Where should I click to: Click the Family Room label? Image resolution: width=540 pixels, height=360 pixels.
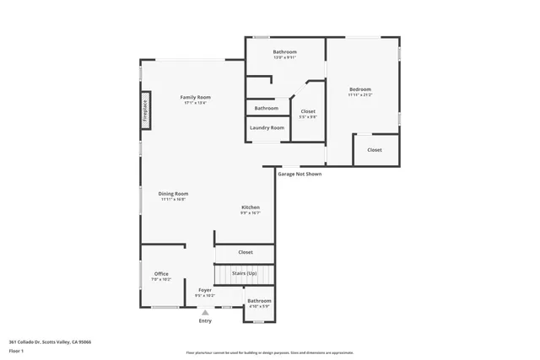coord(195,98)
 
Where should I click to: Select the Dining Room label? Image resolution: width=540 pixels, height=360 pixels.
coord(173,194)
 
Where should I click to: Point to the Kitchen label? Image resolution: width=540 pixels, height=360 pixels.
coord(251,207)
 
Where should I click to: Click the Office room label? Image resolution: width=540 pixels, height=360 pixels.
coord(161,274)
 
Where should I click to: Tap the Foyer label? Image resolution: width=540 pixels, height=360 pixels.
coord(205,291)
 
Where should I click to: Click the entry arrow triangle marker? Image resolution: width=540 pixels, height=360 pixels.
coord(205,312)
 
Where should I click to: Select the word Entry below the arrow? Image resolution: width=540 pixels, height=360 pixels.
coord(205,320)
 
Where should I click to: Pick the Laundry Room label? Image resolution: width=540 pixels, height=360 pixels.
coord(267,127)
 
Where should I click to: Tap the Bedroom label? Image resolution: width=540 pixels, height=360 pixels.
coord(360,89)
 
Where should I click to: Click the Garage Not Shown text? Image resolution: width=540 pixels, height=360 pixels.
coord(300,174)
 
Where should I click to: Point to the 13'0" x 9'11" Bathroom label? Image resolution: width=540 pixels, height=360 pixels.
coord(284,52)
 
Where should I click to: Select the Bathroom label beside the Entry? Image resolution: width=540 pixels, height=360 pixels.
coord(259,301)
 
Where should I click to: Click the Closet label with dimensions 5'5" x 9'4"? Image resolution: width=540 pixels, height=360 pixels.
coord(308,111)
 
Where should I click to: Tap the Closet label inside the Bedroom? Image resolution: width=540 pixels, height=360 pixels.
coord(374,150)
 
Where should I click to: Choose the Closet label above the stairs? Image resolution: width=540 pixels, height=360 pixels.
coord(245,252)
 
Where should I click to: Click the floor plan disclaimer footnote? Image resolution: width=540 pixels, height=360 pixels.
coord(269,352)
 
